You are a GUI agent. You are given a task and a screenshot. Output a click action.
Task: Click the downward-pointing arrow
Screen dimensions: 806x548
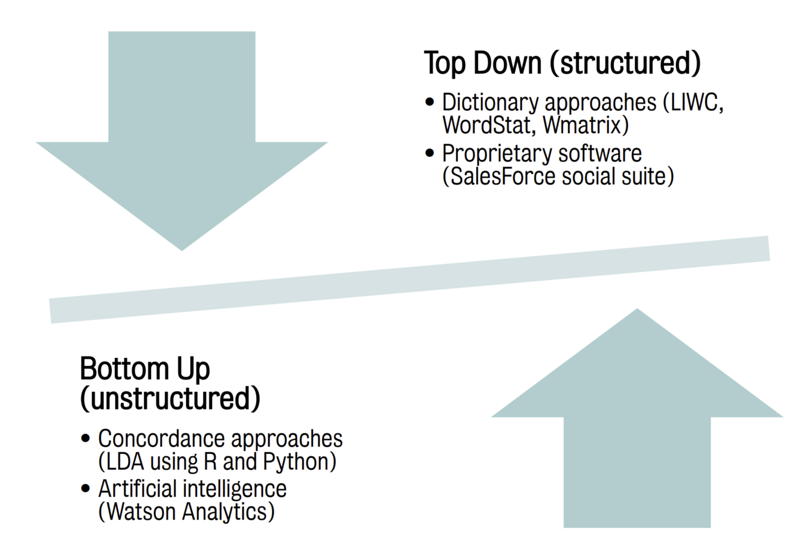(x=181, y=151)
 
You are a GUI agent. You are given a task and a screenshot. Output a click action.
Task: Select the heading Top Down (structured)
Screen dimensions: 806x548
(x=562, y=63)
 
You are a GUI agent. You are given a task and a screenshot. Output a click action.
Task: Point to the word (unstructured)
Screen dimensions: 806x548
(x=170, y=398)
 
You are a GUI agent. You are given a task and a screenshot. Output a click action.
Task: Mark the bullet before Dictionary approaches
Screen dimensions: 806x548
(x=430, y=102)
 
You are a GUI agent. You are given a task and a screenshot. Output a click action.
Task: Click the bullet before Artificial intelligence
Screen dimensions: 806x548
(x=86, y=488)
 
